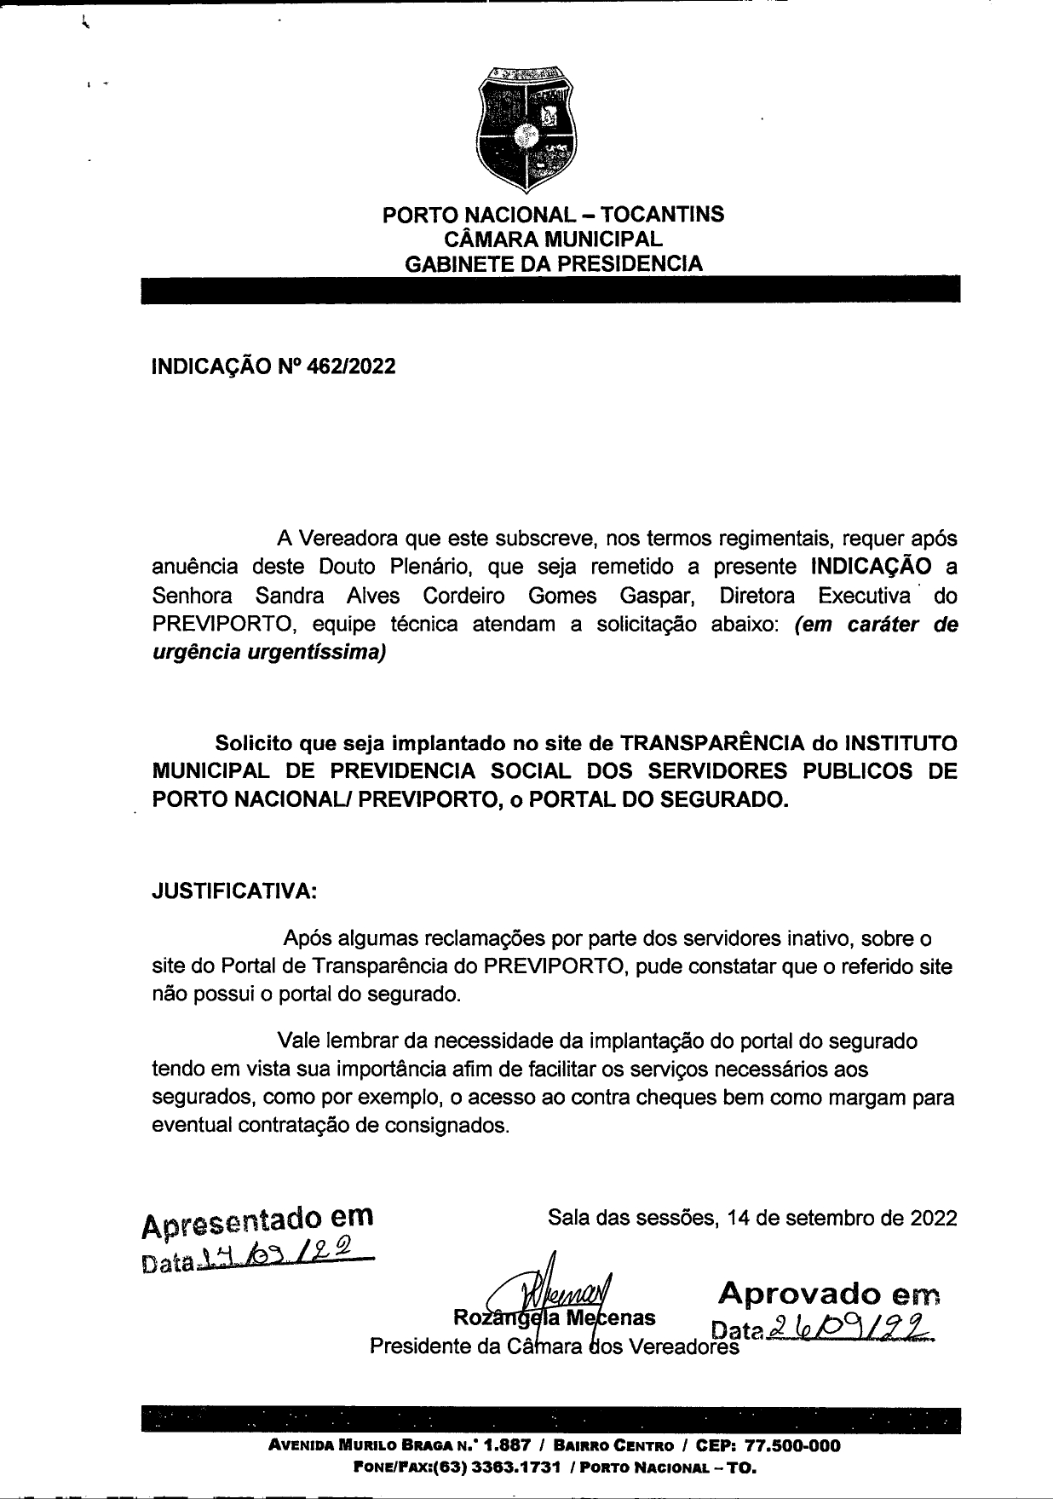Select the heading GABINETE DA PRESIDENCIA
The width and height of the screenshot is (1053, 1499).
pos(554,263)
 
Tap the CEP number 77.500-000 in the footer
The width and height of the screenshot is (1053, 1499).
pos(792,1446)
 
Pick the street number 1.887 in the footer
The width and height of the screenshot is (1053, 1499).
pos(507,1446)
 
